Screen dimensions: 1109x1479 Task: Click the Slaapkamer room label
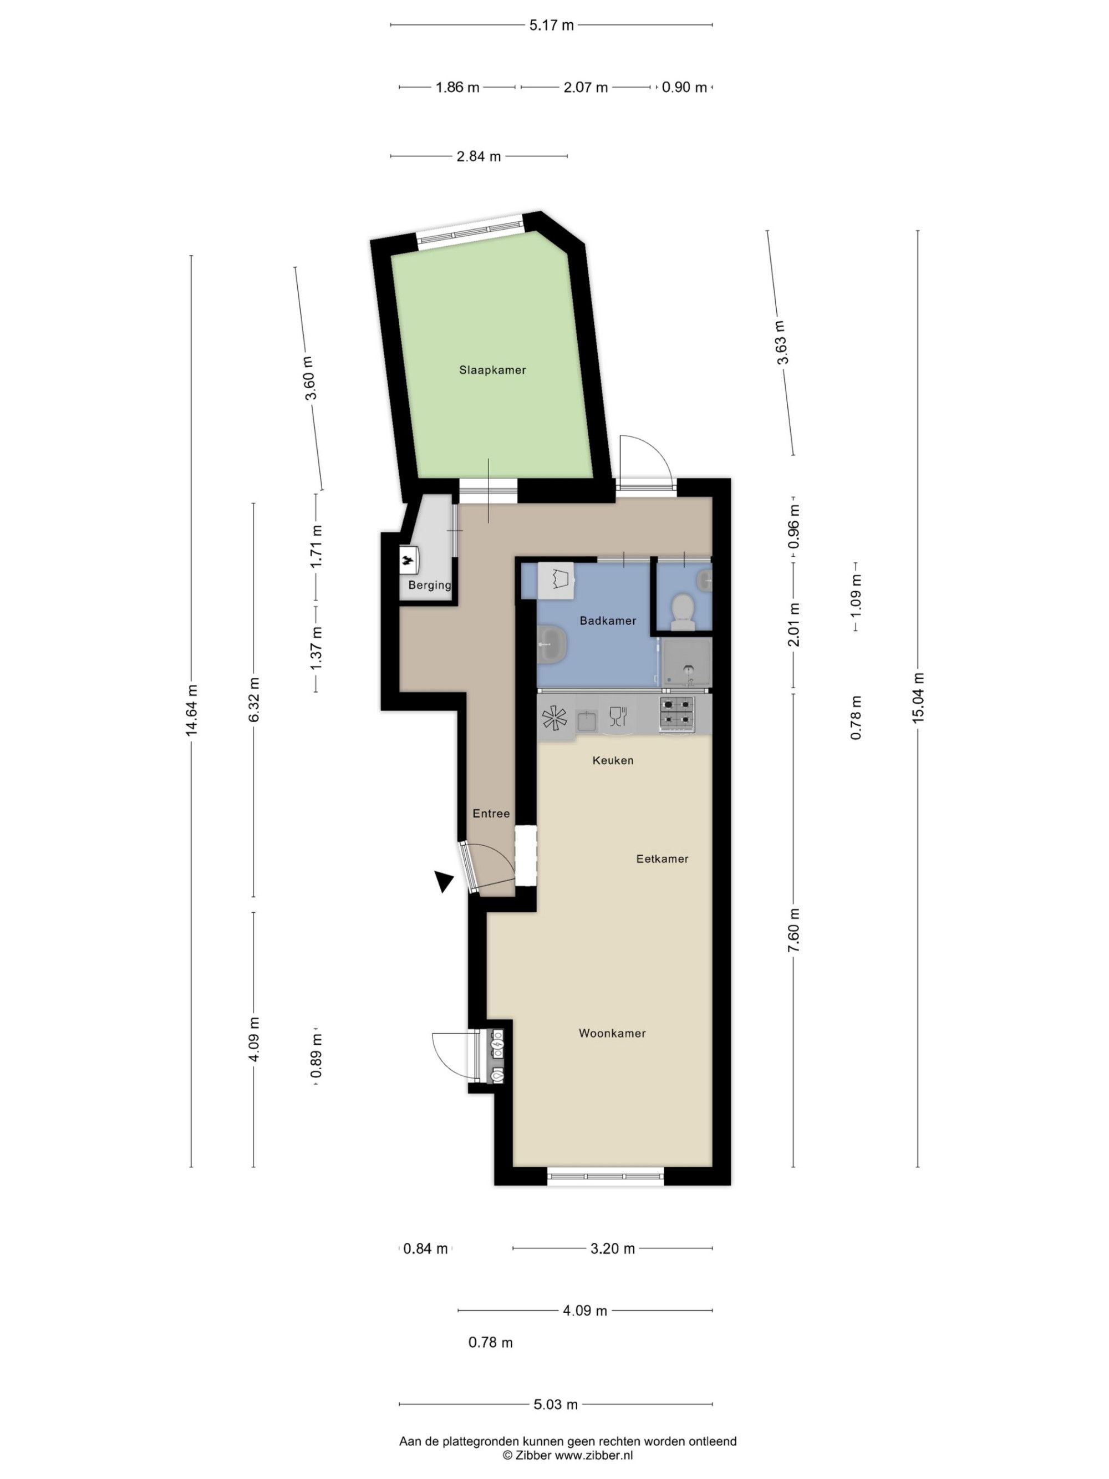(x=492, y=370)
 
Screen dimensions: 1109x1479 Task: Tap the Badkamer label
(x=608, y=621)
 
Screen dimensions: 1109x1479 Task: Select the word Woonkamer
(x=612, y=1033)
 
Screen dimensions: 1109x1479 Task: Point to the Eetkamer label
(x=662, y=858)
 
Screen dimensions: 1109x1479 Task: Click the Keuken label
(x=613, y=760)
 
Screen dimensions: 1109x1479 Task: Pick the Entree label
(x=491, y=814)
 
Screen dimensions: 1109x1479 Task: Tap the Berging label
(x=430, y=585)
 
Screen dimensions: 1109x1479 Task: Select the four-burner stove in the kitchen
(x=678, y=713)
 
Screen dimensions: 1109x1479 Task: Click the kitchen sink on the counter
(x=587, y=721)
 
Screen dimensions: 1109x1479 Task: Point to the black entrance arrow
(x=443, y=881)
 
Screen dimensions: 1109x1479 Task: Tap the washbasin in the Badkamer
(x=552, y=644)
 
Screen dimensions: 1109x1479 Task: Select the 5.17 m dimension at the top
(x=552, y=26)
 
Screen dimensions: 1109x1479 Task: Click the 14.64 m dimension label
(x=192, y=709)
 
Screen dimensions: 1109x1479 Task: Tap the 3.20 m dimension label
(x=612, y=1248)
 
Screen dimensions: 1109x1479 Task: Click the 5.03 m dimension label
(x=556, y=1404)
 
